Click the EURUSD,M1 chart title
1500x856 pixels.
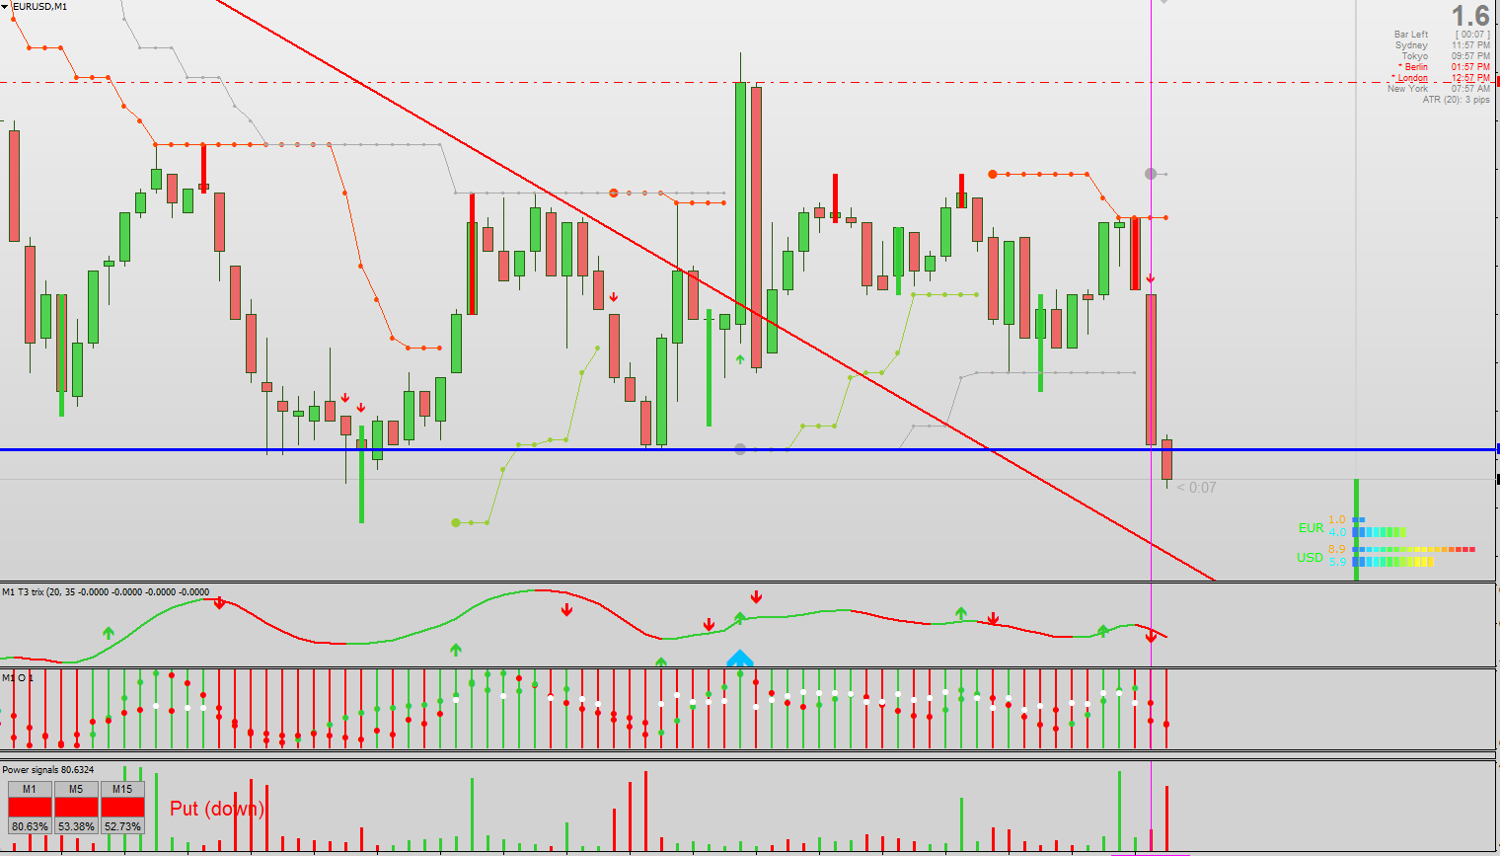[40, 6]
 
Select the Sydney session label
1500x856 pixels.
[1411, 45]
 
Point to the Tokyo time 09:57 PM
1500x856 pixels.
[1470, 56]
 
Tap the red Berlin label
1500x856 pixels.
[1415, 67]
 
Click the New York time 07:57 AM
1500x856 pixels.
[1470, 89]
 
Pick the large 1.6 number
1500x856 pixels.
[1469, 16]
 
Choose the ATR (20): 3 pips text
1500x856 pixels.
[1456, 100]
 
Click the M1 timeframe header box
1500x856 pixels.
[30, 789]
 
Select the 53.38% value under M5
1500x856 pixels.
[76, 826]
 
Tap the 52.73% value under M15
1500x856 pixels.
[122, 826]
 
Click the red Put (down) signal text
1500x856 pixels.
[216, 809]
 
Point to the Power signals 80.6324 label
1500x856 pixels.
[48, 770]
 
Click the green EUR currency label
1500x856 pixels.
[1311, 528]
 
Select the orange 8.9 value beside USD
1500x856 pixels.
[1336, 549]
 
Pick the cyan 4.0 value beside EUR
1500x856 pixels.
[1336, 533]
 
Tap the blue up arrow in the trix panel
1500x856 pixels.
[740, 659]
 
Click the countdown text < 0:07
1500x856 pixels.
[1197, 488]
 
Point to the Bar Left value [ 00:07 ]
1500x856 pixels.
[1472, 35]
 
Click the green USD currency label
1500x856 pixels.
[1310, 558]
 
